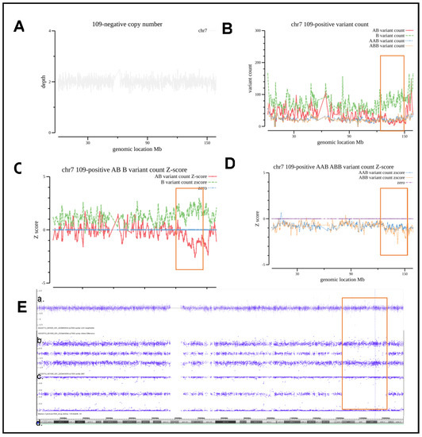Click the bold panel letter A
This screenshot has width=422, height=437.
tap(18, 25)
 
